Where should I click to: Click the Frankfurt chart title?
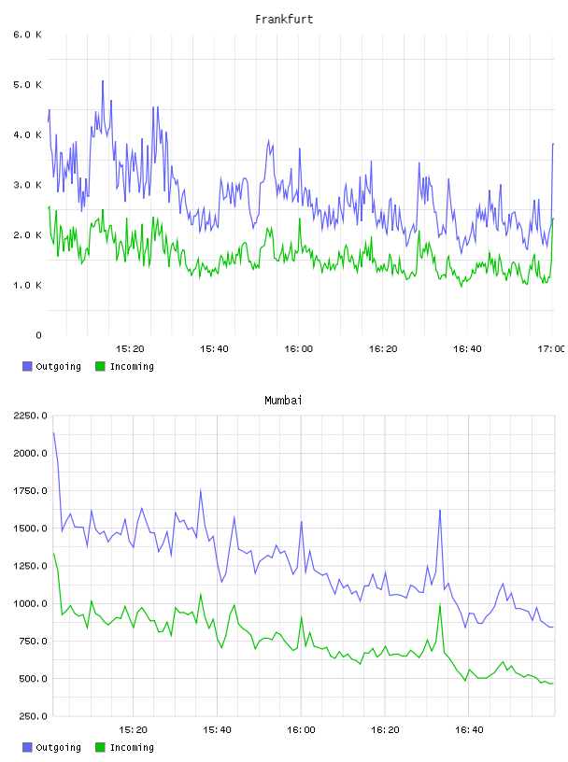click(x=284, y=19)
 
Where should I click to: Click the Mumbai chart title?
click(x=283, y=400)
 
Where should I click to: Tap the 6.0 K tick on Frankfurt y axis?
click(x=28, y=35)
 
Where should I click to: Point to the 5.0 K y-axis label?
click(x=28, y=85)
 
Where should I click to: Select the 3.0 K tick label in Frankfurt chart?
click(x=28, y=185)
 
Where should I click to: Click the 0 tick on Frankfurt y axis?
click(x=38, y=335)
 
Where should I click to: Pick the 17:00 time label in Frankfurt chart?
click(x=551, y=348)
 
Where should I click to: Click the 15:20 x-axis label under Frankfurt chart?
click(x=130, y=348)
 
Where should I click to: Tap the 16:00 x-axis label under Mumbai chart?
click(x=301, y=729)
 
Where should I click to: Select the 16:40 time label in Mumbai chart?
click(x=469, y=729)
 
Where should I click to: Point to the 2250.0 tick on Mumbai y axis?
click(x=30, y=416)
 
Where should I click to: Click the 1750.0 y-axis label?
click(x=30, y=491)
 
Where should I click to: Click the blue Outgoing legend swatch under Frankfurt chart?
click(x=27, y=366)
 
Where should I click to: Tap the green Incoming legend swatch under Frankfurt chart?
click(x=100, y=366)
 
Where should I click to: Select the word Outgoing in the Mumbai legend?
click(x=58, y=747)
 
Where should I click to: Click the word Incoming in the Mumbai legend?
click(x=132, y=747)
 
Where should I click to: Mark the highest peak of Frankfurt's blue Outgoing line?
click(x=103, y=80)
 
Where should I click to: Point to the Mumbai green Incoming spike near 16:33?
click(x=440, y=604)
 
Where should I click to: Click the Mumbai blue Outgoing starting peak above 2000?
click(x=53, y=432)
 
